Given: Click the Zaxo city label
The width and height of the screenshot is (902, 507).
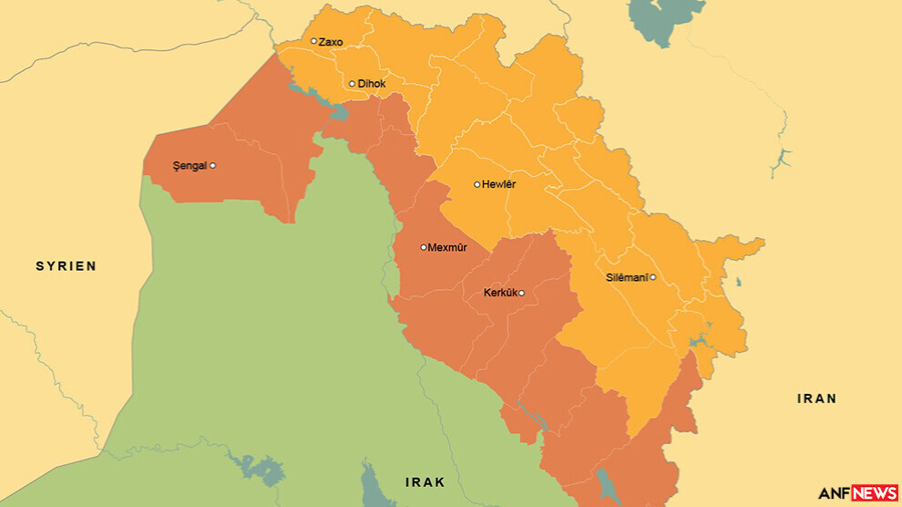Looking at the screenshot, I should pyautogui.click(x=331, y=42).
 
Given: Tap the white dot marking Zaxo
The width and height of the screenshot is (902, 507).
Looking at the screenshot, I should pyautogui.click(x=313, y=41).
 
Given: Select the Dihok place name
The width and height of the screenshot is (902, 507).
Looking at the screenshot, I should pyautogui.click(x=371, y=84).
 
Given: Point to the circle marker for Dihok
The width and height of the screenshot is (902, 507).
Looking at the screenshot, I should pyautogui.click(x=352, y=84).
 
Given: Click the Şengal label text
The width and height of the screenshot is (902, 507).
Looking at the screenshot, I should pyautogui.click(x=190, y=166).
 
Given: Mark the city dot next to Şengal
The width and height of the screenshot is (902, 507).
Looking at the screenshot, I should pyautogui.click(x=212, y=166).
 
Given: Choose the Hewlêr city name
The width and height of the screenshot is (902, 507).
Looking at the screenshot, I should pyautogui.click(x=498, y=184).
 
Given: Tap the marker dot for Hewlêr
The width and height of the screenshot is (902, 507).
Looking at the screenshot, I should pyautogui.click(x=477, y=184).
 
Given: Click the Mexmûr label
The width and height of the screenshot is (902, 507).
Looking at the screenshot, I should pyautogui.click(x=447, y=247).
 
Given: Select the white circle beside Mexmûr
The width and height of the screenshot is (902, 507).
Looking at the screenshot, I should pyautogui.click(x=424, y=247).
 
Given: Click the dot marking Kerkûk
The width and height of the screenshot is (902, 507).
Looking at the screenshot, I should pyautogui.click(x=521, y=293).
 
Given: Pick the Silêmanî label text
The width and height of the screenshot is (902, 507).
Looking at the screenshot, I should pyautogui.click(x=626, y=277).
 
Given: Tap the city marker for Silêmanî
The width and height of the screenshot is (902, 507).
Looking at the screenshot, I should pyautogui.click(x=652, y=277).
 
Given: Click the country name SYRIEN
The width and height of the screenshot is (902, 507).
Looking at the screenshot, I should pyautogui.click(x=66, y=266).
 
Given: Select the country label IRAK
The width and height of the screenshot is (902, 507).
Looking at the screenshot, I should pyautogui.click(x=425, y=481).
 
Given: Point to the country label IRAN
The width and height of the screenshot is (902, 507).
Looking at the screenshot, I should pyautogui.click(x=816, y=398).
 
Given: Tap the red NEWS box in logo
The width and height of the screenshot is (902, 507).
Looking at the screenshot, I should pyautogui.click(x=874, y=493).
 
